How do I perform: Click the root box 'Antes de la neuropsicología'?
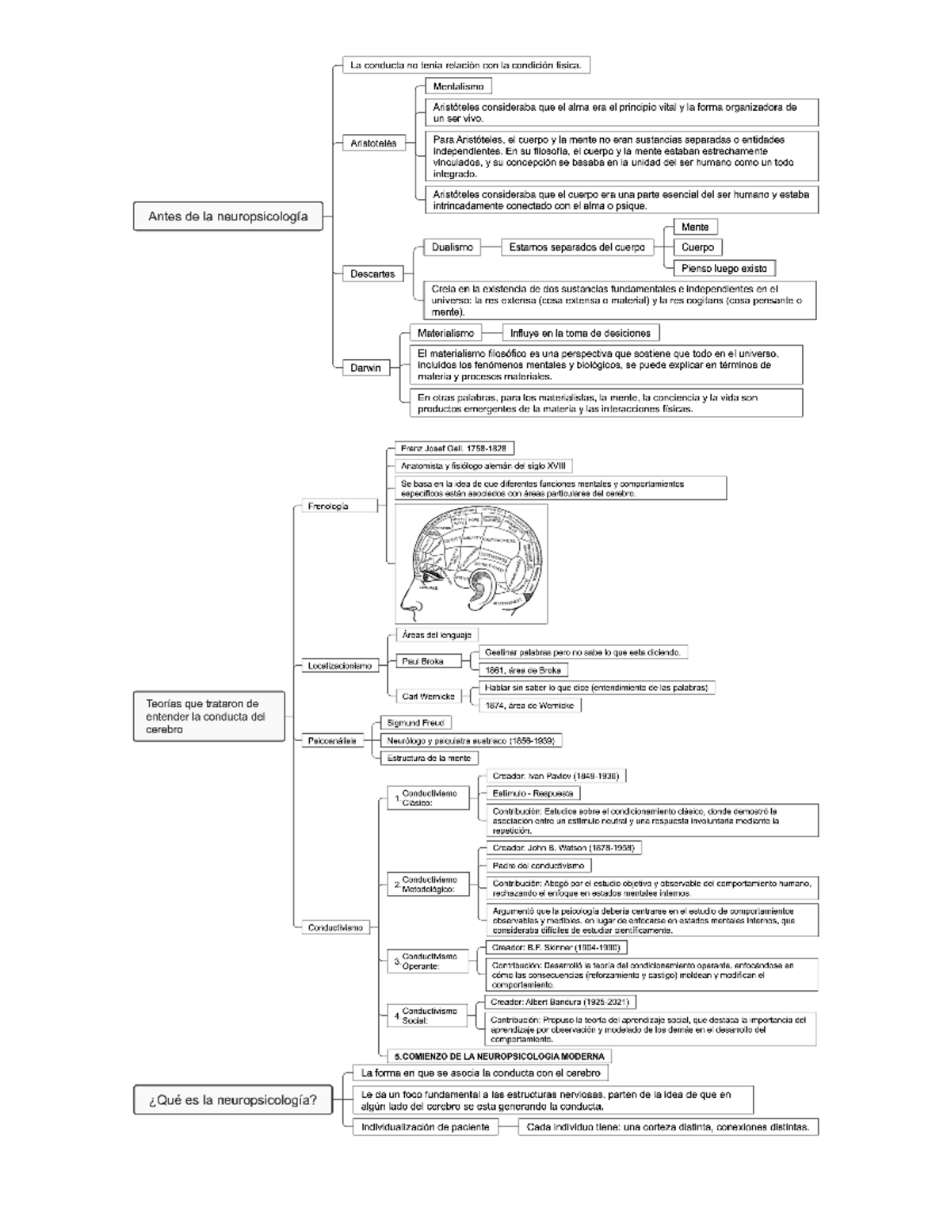(227, 216)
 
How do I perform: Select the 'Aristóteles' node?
(373, 143)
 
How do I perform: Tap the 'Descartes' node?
(372, 274)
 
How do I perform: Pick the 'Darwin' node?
(365, 368)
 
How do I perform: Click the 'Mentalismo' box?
(458, 86)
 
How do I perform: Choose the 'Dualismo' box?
(452, 247)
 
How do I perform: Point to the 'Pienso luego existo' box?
(724, 269)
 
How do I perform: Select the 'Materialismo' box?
(445, 334)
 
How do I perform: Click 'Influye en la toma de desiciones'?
(580, 334)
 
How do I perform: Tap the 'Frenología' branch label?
(339, 507)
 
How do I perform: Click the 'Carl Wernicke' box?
(428, 697)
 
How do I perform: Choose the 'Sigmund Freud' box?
(415, 723)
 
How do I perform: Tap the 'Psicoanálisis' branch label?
(332, 741)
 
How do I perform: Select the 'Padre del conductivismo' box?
(538, 866)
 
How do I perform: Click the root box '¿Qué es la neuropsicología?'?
(232, 1100)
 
